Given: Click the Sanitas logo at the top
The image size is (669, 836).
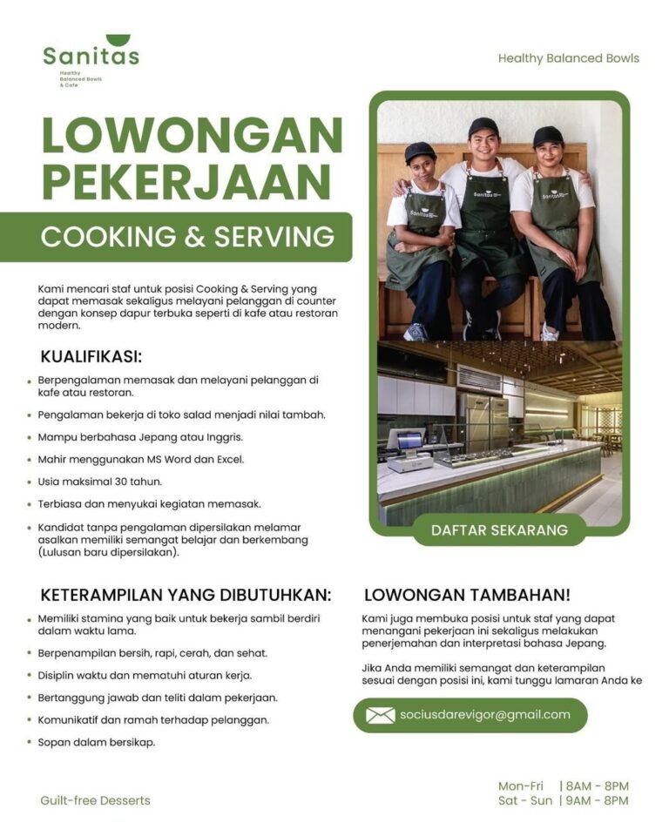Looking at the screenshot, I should point(91,56).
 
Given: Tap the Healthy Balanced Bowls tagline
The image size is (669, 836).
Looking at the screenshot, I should point(568,58).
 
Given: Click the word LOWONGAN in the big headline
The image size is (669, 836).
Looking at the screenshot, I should point(192,136).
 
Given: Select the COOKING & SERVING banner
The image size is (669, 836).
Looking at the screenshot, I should point(187,237).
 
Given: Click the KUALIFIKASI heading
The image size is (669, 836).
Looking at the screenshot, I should point(91,356).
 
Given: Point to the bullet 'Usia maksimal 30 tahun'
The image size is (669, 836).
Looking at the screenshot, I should point(100,481).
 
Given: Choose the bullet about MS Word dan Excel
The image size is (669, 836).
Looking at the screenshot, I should point(140,459).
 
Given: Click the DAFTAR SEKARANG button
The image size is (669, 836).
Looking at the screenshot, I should point(499,529).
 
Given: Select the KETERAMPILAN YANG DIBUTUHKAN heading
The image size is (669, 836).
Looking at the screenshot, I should point(186,596).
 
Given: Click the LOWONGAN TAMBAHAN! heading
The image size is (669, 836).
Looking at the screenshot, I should point(467,596).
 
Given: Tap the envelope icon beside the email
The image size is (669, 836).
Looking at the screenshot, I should point(380,715).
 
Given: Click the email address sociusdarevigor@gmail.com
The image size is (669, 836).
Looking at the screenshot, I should point(484,715).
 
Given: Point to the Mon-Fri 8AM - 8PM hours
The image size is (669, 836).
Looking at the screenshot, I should point(563,785).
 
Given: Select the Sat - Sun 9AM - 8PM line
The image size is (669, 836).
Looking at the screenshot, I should point(563,800).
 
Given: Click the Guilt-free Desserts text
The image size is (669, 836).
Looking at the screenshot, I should point(95,800).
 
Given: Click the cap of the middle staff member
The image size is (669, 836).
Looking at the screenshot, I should point(483,127).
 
